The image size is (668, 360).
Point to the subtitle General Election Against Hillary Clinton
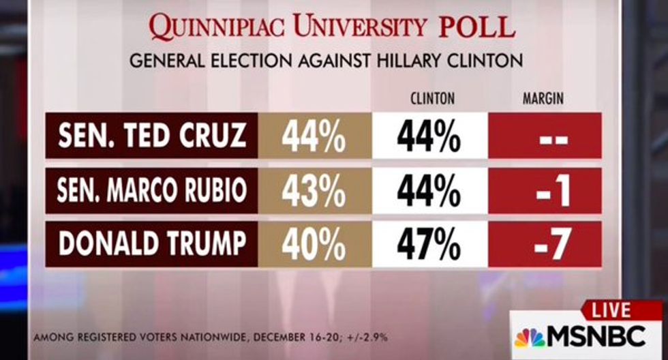[x=326, y=61]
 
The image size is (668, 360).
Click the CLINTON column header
[x=432, y=99]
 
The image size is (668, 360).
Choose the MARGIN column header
[x=543, y=99]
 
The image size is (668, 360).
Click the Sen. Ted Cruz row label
[x=151, y=136]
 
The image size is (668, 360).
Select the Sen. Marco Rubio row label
[x=151, y=190]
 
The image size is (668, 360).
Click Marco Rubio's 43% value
[x=314, y=191]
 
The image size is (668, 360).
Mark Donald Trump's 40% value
[x=314, y=244]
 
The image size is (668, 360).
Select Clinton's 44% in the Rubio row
[x=430, y=191]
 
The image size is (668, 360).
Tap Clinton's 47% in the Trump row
[x=430, y=244]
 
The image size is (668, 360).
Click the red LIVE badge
[x=611, y=311]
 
